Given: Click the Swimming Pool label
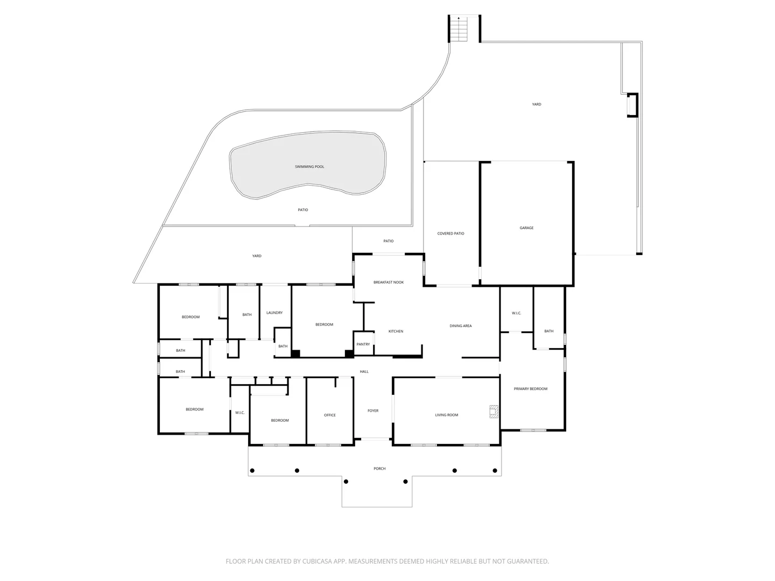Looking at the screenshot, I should click(309, 167).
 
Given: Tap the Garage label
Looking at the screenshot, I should click(526, 228).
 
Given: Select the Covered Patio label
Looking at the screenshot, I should click(450, 233).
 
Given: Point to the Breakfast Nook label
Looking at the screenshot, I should click(389, 282).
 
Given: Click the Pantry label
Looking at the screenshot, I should click(363, 344).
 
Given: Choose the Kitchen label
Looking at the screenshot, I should click(396, 331).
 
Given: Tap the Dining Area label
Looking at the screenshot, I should click(461, 326).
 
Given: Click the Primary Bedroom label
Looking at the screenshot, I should click(531, 389).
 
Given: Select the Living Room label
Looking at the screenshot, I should click(447, 415).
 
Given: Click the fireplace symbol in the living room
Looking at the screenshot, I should click(493, 411).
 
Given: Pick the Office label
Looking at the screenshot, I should click(330, 415).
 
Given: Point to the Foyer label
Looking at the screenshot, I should click(373, 411).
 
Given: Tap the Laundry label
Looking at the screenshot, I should click(274, 313).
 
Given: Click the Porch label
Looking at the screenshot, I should click(379, 469).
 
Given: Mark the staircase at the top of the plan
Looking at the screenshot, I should click(458, 30).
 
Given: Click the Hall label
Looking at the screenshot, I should click(364, 372).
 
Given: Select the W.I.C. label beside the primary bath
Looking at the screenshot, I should click(516, 313).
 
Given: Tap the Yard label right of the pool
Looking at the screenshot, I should click(537, 104).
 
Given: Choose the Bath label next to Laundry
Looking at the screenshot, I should click(247, 315).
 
